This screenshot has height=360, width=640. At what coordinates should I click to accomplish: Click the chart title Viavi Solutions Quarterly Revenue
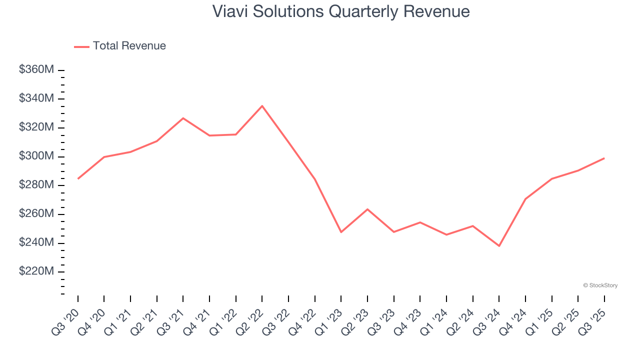[x=340, y=11]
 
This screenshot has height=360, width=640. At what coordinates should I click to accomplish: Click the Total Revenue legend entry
[x=120, y=46]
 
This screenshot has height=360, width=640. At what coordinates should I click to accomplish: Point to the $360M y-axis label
[x=36, y=70]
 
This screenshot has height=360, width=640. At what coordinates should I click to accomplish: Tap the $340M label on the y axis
[x=36, y=98]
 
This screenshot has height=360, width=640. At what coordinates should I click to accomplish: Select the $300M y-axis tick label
[x=36, y=156]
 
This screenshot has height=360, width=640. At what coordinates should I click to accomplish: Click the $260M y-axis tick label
[x=36, y=214]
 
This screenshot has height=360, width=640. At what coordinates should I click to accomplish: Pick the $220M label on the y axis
[x=36, y=271]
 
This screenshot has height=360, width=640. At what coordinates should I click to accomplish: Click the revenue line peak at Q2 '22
[x=262, y=106]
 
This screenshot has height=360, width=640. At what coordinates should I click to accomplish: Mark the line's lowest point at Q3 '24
[x=499, y=246]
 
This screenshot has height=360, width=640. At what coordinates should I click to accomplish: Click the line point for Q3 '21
[x=183, y=118]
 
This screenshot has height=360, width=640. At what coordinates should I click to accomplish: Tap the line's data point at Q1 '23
[x=341, y=232]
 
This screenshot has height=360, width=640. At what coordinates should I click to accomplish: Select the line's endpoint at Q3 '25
[x=604, y=158]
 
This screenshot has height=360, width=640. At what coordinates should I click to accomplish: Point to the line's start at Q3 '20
[x=78, y=178]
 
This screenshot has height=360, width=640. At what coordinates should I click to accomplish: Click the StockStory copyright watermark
[x=600, y=285]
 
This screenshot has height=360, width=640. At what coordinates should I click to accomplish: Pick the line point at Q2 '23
[x=367, y=209]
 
